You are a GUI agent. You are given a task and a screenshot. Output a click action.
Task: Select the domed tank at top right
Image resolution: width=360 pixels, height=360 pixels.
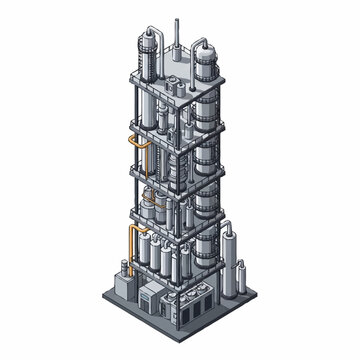tap(207, 68)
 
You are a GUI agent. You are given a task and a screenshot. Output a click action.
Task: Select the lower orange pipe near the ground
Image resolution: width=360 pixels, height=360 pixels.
tap(130, 246)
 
